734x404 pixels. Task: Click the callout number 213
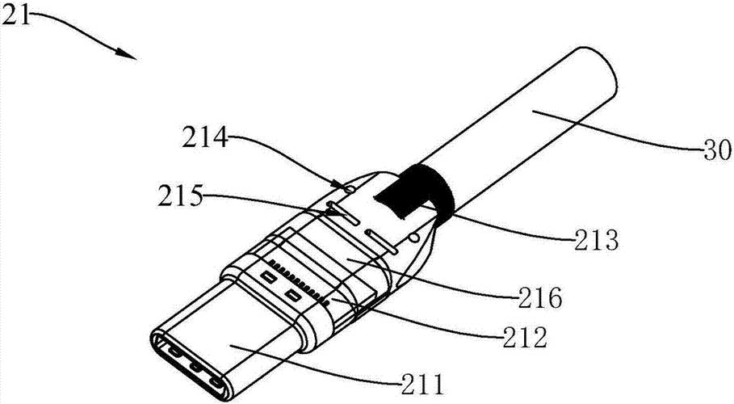pyautogui.click(x=597, y=240)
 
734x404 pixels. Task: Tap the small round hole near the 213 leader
pyautogui.click(x=414, y=239)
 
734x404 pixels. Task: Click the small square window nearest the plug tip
pyautogui.click(x=267, y=277)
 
